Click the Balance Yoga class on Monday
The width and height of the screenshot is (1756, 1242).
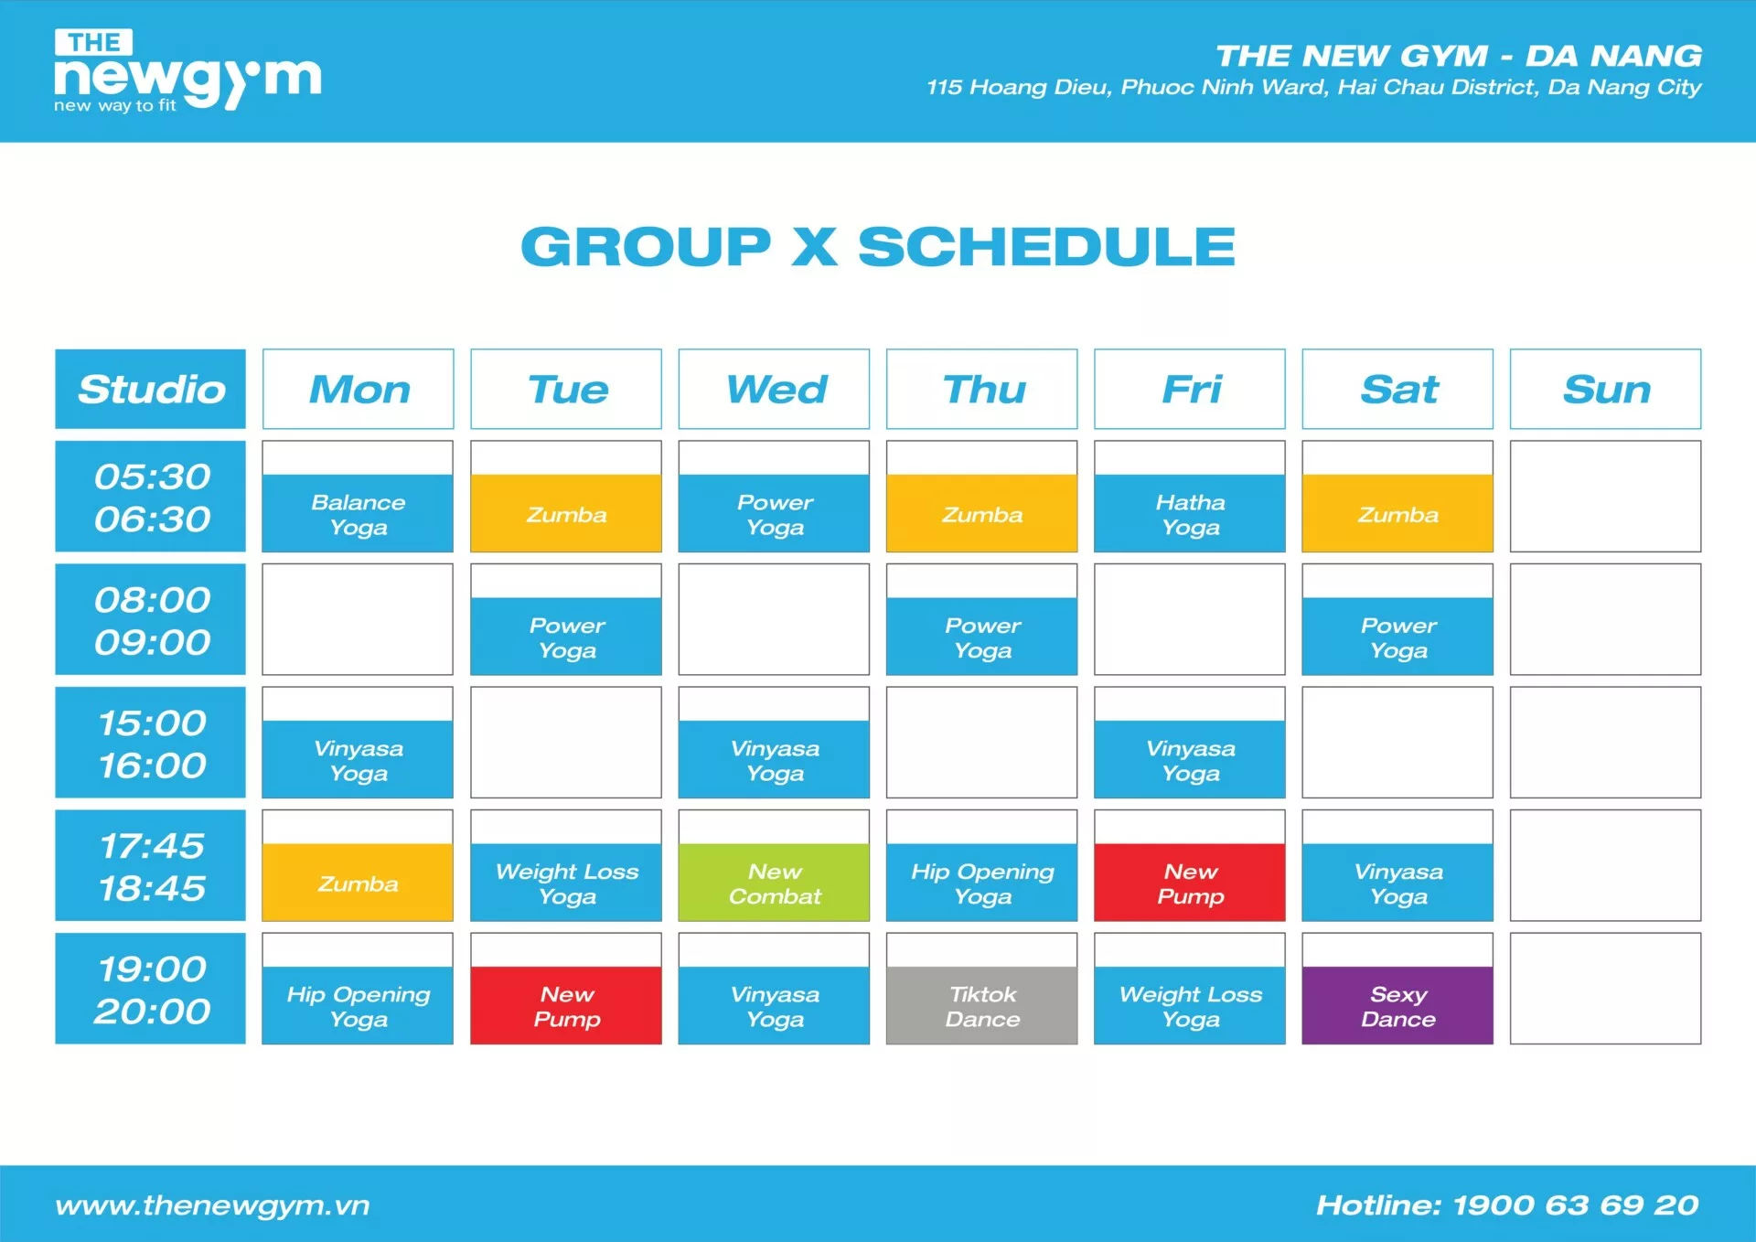[x=358, y=513]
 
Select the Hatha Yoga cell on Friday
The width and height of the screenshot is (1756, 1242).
[x=1189, y=513]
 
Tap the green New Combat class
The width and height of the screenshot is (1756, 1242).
[x=774, y=883]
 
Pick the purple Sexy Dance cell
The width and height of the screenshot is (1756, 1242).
[x=1397, y=1005]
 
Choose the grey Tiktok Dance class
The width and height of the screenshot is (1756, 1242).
[x=981, y=1005]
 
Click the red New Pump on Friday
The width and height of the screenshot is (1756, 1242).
[x=1189, y=883]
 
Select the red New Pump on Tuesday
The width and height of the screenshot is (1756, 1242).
[x=566, y=1005]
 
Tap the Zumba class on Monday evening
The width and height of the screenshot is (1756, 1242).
[x=358, y=883]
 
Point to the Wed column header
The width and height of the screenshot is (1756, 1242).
[x=774, y=389]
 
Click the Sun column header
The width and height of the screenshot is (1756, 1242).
[x=1605, y=389]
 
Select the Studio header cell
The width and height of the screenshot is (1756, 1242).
[x=151, y=389]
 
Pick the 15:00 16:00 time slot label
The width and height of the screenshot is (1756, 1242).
[x=151, y=743]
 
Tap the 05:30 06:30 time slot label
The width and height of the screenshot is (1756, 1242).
[x=151, y=497]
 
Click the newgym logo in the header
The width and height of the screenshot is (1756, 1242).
[x=187, y=71]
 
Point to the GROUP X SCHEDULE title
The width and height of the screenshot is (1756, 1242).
[x=878, y=247]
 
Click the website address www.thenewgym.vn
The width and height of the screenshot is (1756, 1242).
[x=212, y=1205]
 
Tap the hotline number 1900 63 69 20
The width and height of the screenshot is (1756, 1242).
[x=1575, y=1205]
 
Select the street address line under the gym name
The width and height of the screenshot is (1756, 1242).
[x=1313, y=87]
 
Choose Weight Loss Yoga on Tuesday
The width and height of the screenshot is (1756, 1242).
[x=566, y=883]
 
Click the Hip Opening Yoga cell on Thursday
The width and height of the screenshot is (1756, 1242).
[x=981, y=883]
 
